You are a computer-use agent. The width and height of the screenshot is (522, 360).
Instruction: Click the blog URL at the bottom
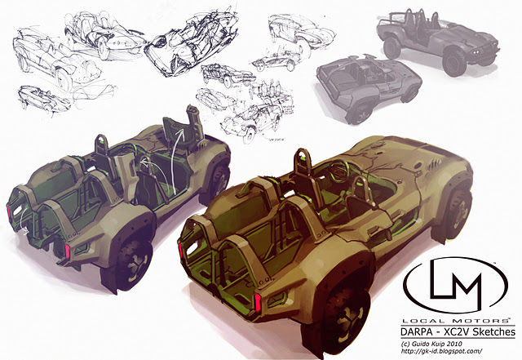[442, 351]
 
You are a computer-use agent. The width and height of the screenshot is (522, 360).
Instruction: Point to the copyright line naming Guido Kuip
[431, 344]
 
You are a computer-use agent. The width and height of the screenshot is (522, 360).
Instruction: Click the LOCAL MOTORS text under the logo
[456, 321]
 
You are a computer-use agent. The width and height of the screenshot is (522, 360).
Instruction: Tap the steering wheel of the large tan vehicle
[338, 169]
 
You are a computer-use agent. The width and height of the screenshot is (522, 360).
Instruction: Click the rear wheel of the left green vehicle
[132, 263]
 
